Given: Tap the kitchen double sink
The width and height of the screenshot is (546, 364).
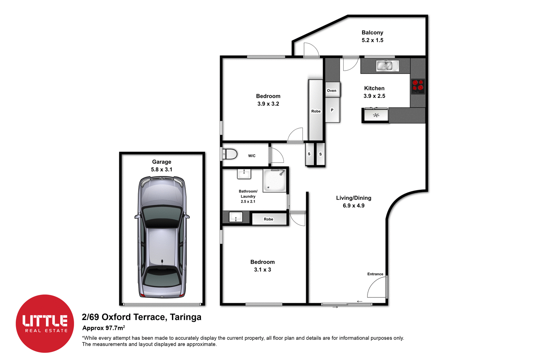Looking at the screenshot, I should coord(387,65).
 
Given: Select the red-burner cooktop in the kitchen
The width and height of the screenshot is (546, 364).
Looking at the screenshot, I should coord(418,87).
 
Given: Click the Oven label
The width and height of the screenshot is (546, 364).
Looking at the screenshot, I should coord(331,90).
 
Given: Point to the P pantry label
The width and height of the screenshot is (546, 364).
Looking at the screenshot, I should coord(332,110).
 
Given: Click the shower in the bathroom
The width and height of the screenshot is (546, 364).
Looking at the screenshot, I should coord(274,180).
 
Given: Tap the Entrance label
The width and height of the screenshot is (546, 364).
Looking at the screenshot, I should coord(375,274).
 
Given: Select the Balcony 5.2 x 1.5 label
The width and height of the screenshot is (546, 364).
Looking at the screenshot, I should coord(372,36).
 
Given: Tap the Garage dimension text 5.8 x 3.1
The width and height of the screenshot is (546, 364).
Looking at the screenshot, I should coord(161,170).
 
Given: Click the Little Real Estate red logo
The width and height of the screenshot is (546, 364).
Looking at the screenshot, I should coord(45,323).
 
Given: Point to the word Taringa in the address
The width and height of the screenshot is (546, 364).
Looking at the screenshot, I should coord(186,317).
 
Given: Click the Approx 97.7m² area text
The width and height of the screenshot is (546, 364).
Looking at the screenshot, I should coord(103,328).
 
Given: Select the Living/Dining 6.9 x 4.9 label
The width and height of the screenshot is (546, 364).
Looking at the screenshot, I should coord(354,202).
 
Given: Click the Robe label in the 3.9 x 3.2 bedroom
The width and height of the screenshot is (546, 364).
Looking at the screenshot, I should coord(316,111).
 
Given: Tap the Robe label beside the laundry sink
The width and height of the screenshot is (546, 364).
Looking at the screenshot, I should coord(269,219).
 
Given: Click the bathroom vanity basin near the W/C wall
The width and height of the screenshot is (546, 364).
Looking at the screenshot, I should coord(244,174).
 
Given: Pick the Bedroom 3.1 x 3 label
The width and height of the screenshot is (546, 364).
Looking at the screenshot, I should coord(262,266).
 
